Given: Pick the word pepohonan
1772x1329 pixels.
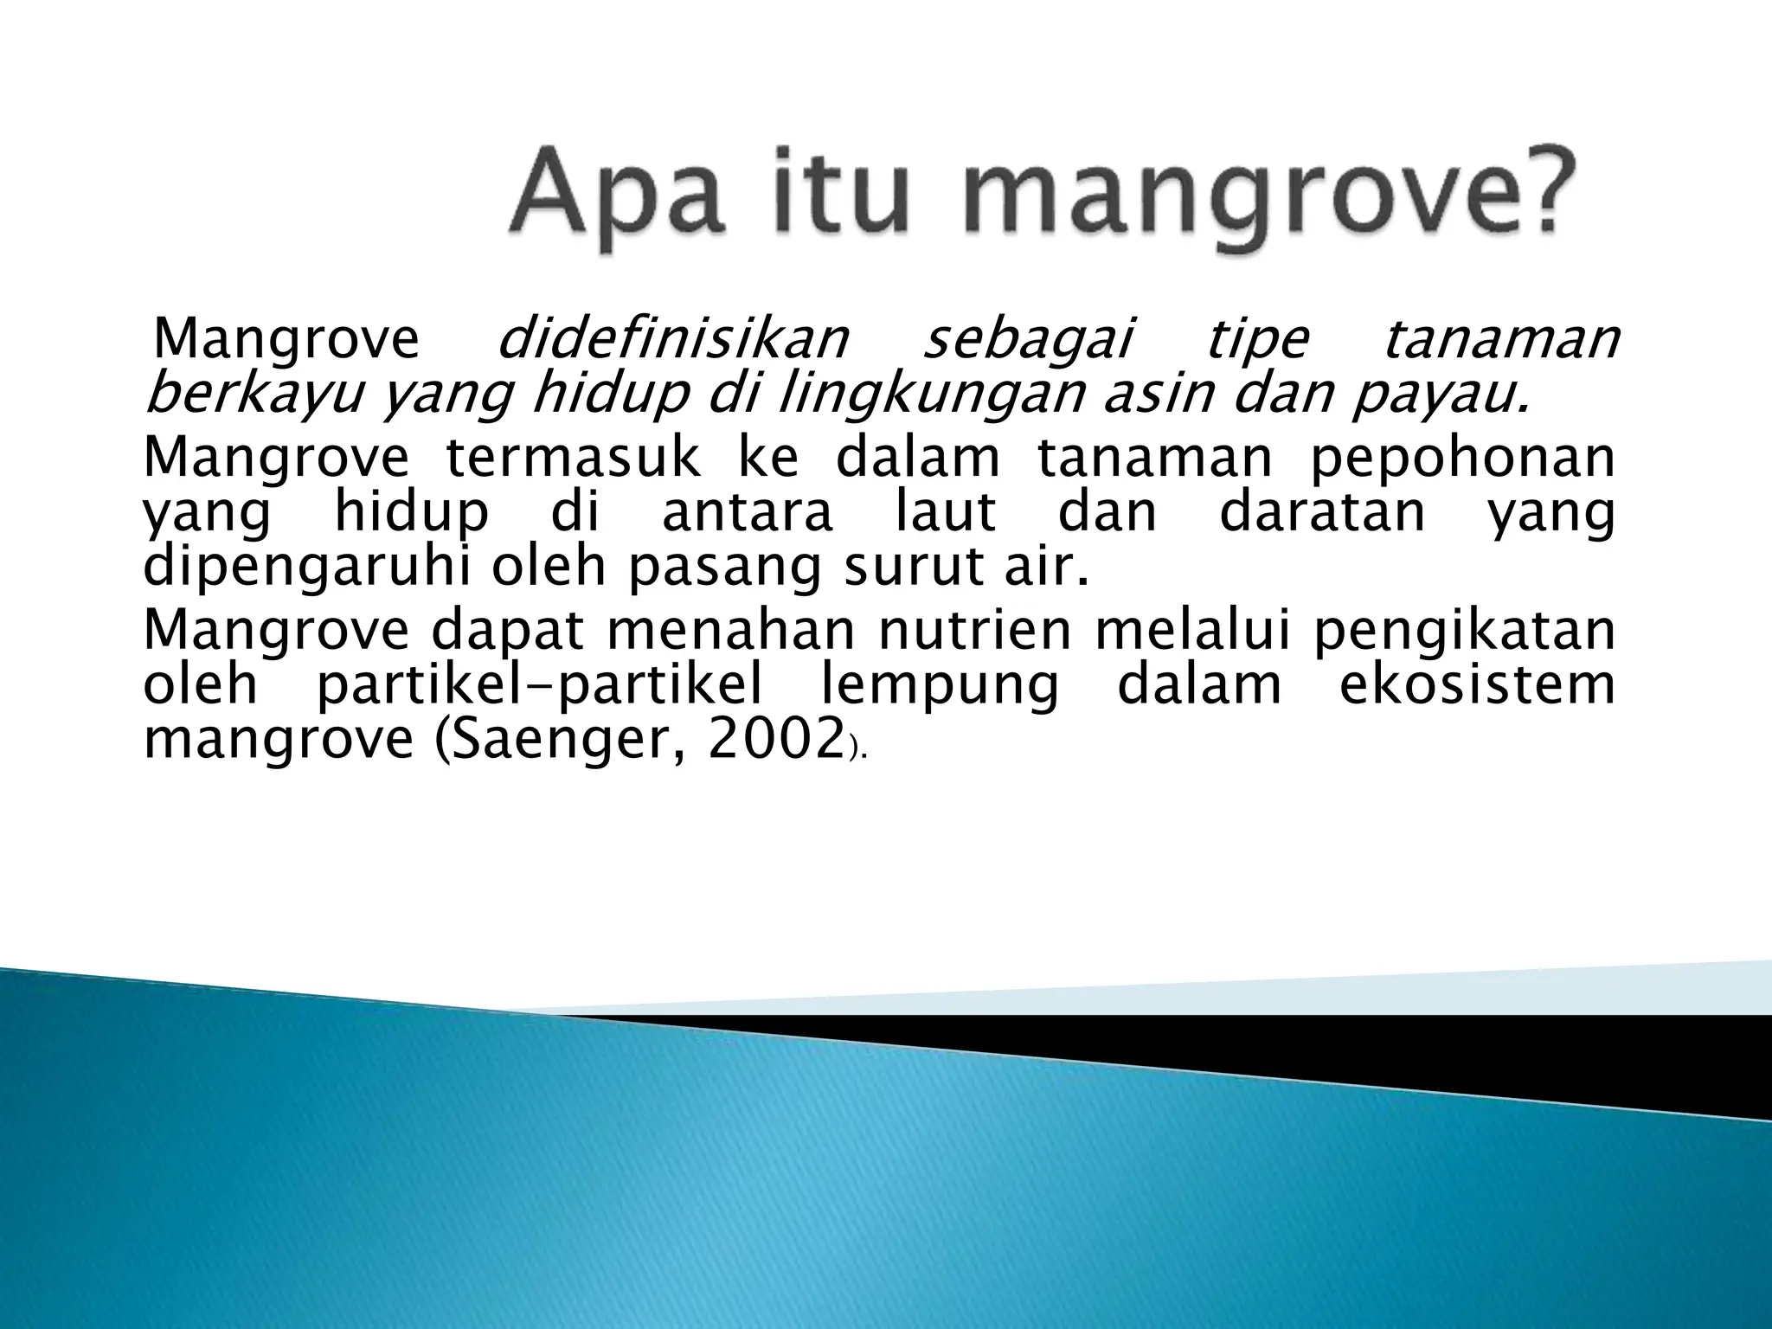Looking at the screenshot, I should click(1461, 460).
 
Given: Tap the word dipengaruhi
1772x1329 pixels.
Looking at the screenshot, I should click(307, 569).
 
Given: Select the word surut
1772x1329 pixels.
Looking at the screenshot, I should click(902, 568).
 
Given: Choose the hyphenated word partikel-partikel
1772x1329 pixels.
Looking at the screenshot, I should click(540, 686).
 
